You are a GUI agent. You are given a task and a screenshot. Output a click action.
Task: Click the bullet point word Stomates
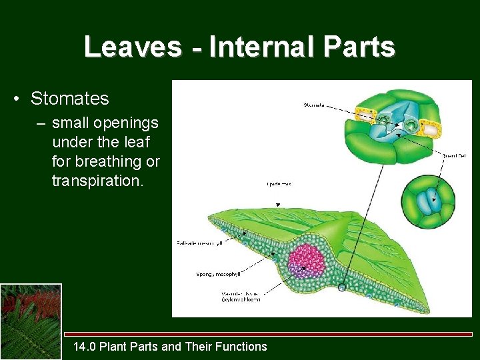click(x=69, y=99)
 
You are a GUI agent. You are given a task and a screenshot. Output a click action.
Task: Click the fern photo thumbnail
click(x=31, y=321)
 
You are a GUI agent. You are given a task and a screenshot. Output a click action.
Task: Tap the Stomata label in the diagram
click(x=315, y=105)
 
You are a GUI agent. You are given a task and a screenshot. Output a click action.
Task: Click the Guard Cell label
click(x=453, y=155)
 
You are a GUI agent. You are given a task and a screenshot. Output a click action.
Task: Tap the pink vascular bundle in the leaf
click(x=307, y=260)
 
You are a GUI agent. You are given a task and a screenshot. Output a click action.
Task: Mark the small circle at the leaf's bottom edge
click(x=342, y=287)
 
